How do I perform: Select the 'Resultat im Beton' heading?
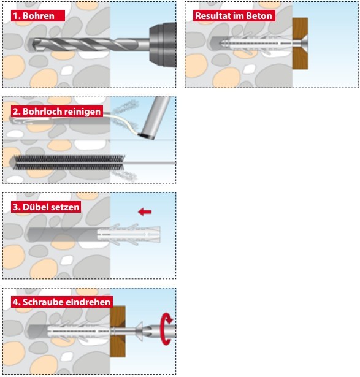(234, 16)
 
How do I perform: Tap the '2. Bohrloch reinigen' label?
(57, 112)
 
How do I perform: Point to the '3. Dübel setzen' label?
(46, 207)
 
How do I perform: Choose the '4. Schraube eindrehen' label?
(61, 302)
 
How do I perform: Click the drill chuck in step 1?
(163, 45)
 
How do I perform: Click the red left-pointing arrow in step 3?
(145, 212)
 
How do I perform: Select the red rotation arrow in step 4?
(167, 329)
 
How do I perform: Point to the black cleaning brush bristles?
(69, 163)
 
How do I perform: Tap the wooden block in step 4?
(118, 331)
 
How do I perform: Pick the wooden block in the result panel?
(300, 44)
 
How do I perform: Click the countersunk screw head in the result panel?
(304, 44)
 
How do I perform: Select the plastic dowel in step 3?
(129, 234)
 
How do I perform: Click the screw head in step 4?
(139, 331)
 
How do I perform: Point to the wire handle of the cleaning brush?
(150, 163)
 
